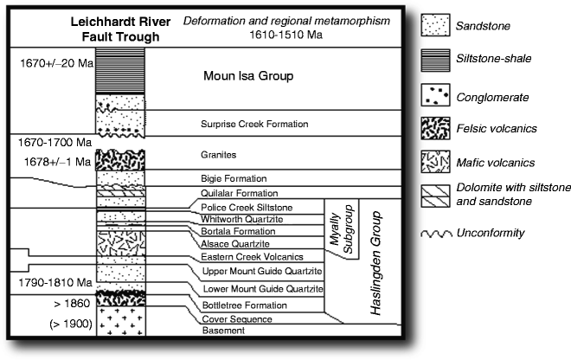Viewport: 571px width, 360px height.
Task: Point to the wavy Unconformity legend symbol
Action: click(439, 233)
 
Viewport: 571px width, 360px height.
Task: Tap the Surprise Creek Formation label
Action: click(254, 125)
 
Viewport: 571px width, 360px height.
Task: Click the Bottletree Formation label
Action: click(243, 305)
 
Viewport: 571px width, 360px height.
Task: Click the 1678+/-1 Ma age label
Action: click(50, 161)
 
